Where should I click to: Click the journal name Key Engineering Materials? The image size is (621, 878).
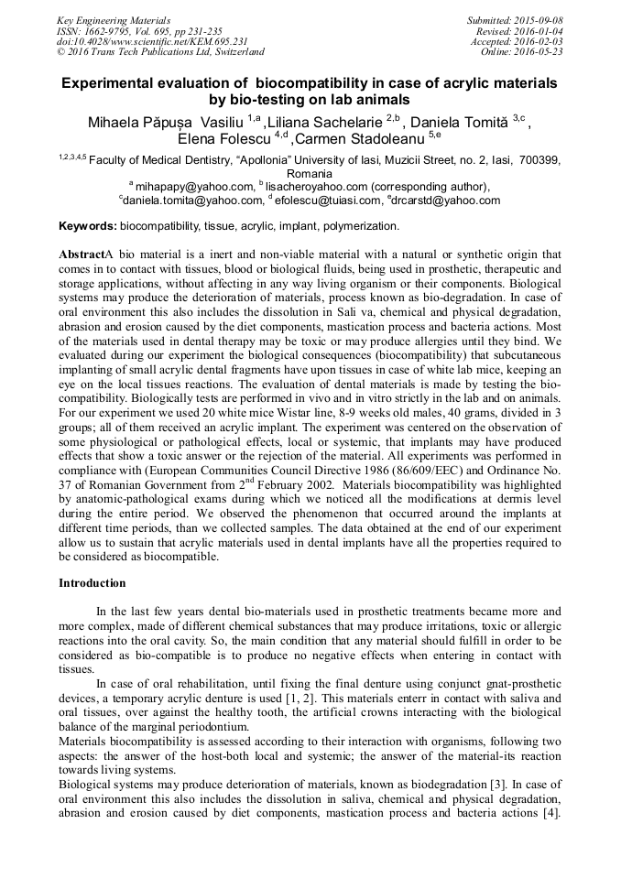click(x=106, y=20)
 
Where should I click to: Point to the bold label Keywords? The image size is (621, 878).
click(x=88, y=225)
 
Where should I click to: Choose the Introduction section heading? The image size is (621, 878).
click(x=93, y=582)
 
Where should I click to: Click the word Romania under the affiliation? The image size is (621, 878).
click(x=310, y=172)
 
